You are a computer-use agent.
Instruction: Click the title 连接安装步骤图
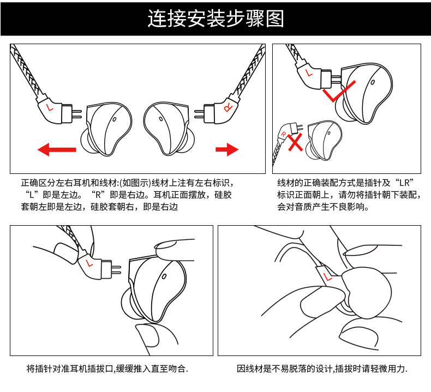click(215, 18)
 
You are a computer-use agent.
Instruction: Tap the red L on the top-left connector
click(52, 107)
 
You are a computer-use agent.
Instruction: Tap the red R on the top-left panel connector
click(228, 107)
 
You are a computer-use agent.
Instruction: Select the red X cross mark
click(295, 143)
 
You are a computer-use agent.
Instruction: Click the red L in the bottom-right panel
click(328, 276)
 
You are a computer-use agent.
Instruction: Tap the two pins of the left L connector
click(76, 113)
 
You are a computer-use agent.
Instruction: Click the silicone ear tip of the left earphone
click(87, 143)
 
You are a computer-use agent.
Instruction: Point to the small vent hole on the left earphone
click(115, 119)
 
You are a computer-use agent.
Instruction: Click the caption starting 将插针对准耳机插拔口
click(107, 369)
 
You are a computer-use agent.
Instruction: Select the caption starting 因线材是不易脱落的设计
click(322, 369)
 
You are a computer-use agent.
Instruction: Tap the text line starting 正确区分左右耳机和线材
click(130, 184)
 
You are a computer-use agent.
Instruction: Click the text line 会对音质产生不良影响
click(324, 207)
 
